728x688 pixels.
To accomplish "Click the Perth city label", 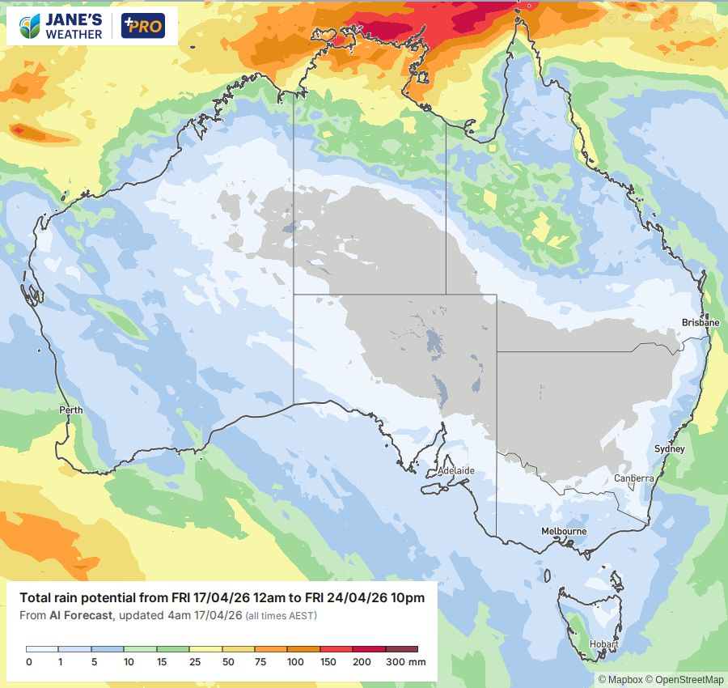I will point(71,410).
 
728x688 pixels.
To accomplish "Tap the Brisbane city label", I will point(700,322).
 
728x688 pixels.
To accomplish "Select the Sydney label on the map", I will point(669,448).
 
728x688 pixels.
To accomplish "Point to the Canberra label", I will point(633,478).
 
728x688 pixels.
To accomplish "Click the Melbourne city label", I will point(564,531).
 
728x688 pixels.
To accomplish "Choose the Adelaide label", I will point(455,470).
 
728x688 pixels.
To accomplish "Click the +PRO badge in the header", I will point(142,26).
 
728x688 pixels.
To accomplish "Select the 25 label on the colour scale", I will point(196,662).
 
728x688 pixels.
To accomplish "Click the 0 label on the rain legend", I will point(28,662).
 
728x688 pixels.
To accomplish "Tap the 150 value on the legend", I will point(328,662).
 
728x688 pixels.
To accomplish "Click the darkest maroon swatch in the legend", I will point(401,649).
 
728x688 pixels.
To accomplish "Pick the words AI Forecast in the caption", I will point(80,616).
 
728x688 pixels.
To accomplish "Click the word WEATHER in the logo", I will point(74,34).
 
